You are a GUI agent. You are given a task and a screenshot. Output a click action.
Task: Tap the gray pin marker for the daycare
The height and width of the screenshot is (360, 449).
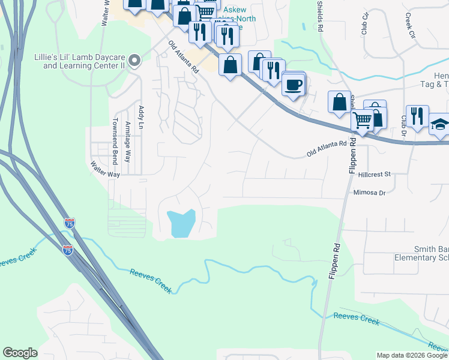(x=134, y=60)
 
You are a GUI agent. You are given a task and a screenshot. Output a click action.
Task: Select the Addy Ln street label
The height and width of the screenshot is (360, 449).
(x=142, y=118)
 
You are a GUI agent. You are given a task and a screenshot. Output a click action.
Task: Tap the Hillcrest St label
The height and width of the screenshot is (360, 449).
(x=374, y=174)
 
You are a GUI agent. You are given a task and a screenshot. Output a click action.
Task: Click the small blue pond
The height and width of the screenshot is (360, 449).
(x=182, y=223)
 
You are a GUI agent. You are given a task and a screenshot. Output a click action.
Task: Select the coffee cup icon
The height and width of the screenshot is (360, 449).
(x=294, y=85)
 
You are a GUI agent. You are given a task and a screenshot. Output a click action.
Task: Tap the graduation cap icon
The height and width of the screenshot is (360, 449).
(x=439, y=124)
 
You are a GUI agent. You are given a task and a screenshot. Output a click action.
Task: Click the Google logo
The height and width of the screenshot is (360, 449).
(x=20, y=353)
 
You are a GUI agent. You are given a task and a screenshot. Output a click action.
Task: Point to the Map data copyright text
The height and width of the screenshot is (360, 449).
(x=412, y=355)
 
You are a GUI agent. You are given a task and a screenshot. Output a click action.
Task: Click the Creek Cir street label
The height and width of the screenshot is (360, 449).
(x=411, y=25)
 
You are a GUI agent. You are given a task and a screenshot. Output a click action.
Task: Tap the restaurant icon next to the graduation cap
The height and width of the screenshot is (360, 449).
(x=417, y=115)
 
